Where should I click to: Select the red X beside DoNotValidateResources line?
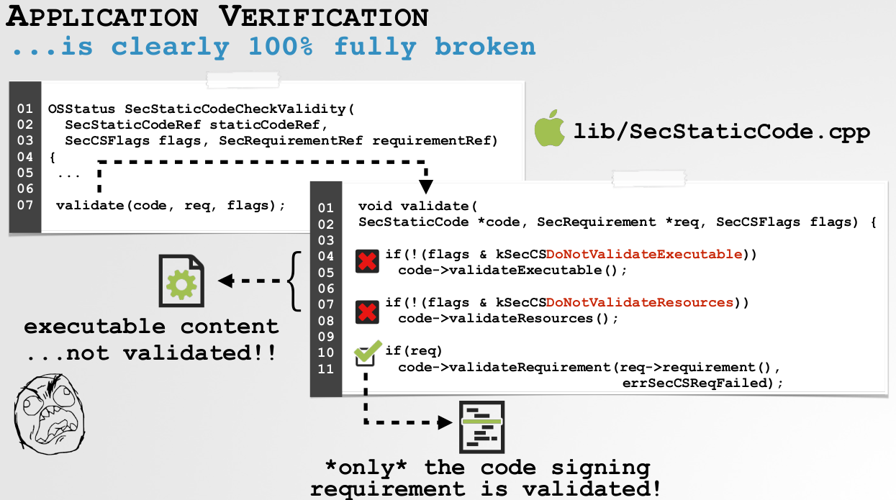367,311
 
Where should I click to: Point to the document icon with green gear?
181,281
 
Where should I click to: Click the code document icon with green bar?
481,426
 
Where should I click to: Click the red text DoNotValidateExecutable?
643,254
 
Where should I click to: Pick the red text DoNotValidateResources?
639,303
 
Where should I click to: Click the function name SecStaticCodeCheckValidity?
235,109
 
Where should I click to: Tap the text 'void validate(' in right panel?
417,206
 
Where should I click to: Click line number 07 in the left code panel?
25,205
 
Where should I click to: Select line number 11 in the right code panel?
326,368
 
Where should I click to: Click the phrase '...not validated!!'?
151,354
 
